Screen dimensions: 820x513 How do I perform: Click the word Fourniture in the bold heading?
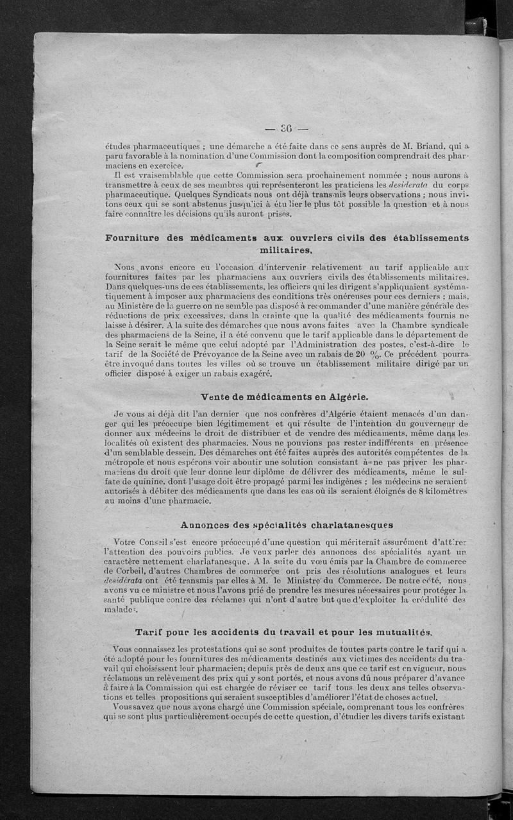[135, 238]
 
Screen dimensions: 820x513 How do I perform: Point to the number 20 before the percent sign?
[361, 353]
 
